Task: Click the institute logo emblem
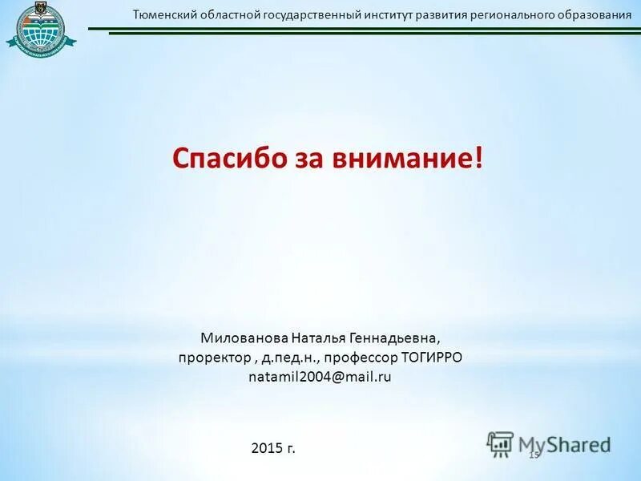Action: pyautogui.click(x=42, y=29)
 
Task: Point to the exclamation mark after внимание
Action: pyautogui.click(x=479, y=157)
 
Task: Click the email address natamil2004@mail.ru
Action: pyautogui.click(x=320, y=375)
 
